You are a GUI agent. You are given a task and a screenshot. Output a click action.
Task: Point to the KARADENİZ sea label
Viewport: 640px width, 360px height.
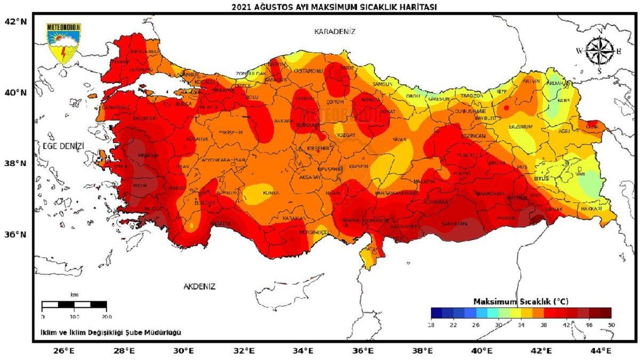(x=334, y=31)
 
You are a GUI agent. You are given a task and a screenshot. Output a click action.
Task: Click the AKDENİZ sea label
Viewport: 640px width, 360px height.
(x=199, y=286)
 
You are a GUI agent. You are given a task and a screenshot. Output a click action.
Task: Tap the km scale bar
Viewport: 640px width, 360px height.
(x=74, y=305)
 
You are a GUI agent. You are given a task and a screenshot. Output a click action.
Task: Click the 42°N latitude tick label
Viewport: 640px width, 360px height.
(x=15, y=21)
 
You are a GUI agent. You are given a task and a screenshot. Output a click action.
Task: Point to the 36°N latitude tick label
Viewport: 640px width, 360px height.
(x=15, y=235)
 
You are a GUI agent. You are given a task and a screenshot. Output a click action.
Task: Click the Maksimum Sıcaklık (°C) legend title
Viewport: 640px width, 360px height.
(x=521, y=301)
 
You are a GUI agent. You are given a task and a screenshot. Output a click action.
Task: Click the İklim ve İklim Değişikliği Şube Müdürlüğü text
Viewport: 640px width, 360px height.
(x=110, y=332)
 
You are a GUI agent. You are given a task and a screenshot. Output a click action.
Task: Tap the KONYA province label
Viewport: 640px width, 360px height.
(x=271, y=194)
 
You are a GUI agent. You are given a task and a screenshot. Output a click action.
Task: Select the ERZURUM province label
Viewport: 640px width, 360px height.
(x=521, y=127)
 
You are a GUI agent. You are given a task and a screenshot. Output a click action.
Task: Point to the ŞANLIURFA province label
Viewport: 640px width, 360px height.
(x=454, y=223)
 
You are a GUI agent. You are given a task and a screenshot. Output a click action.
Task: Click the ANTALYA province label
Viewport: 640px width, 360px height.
(x=220, y=223)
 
